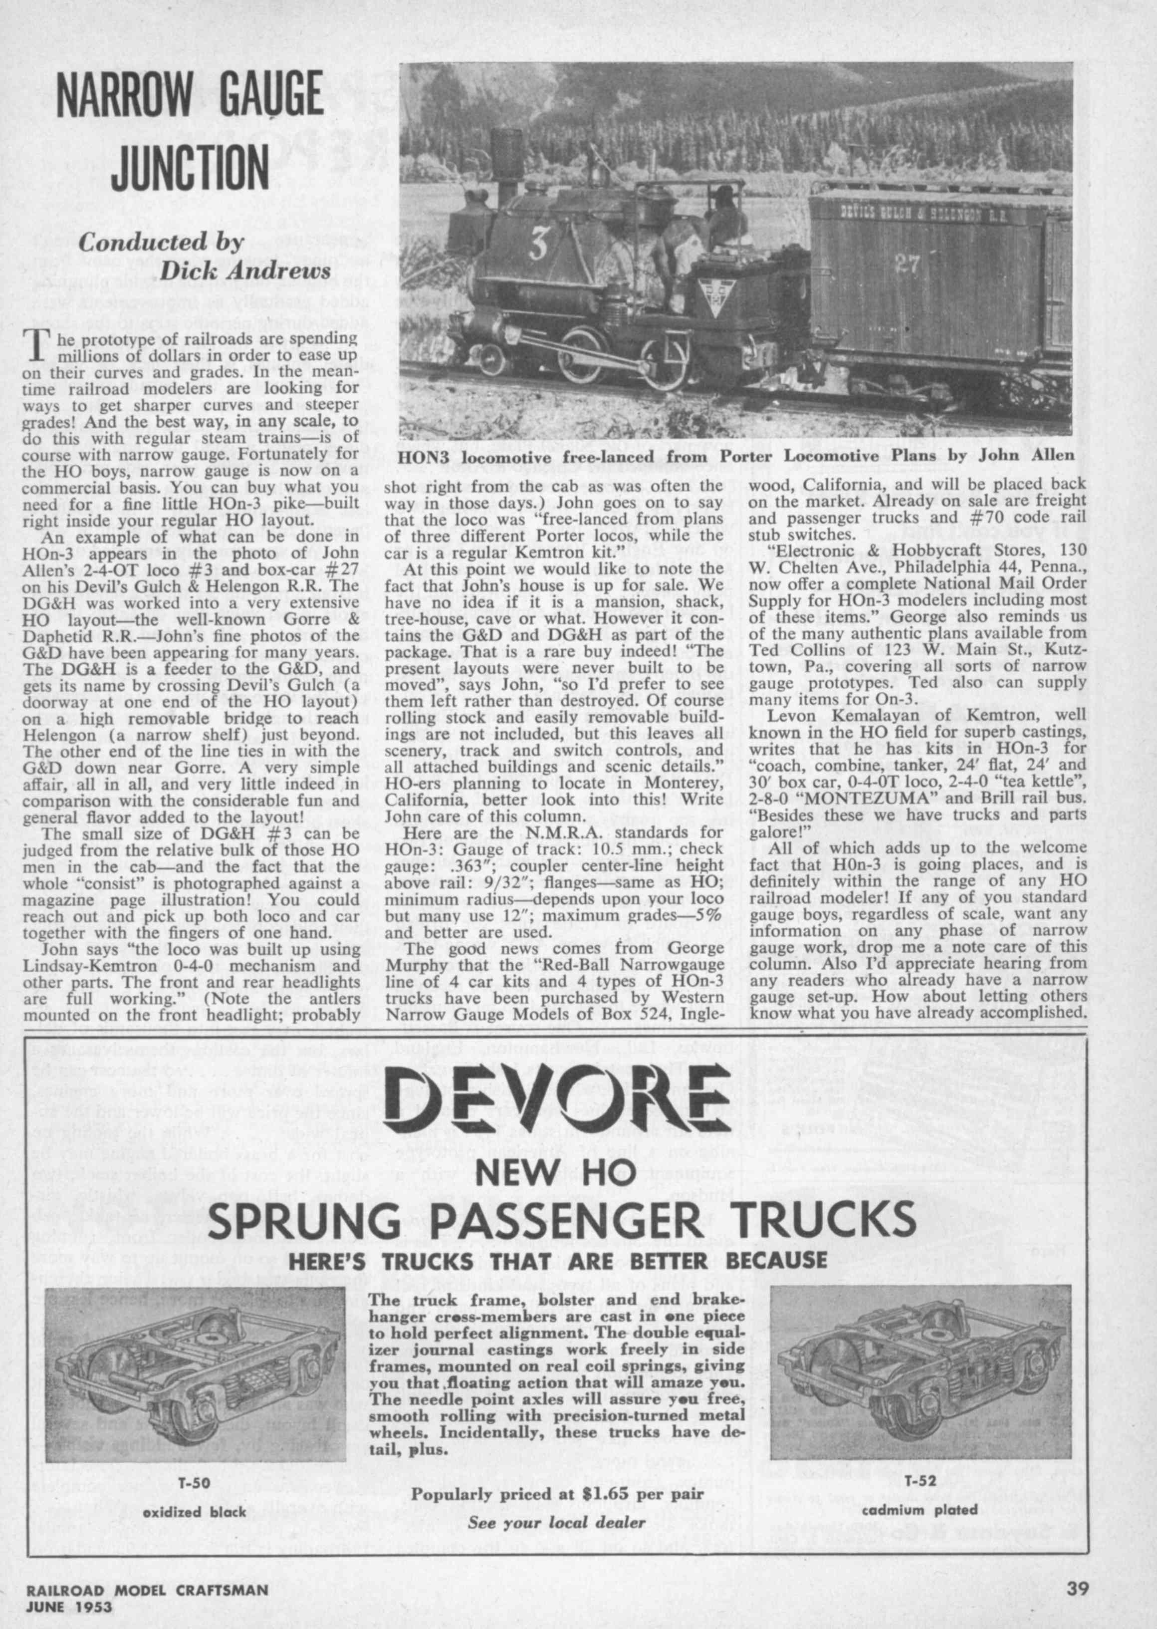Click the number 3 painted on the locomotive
pos(539,246)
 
